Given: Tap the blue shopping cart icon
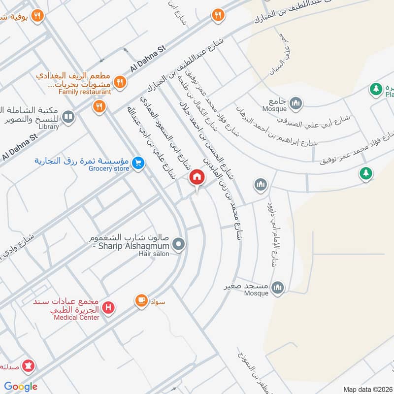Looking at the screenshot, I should point(138,162).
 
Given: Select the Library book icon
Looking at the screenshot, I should point(69,117).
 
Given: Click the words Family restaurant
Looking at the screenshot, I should point(84,92).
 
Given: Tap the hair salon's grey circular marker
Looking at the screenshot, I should point(180,244).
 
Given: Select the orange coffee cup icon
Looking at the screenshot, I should point(141,299).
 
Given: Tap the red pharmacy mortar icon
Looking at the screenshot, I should point(29,366).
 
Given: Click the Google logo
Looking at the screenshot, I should point(21,386).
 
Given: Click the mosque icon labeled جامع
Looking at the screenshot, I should point(296,103).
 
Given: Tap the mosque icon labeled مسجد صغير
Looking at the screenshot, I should point(278,287).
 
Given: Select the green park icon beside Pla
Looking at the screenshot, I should point(376,89).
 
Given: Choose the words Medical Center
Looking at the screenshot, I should point(76,317).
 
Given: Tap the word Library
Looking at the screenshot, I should point(48,127).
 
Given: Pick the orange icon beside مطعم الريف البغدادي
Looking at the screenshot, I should point(119,81).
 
